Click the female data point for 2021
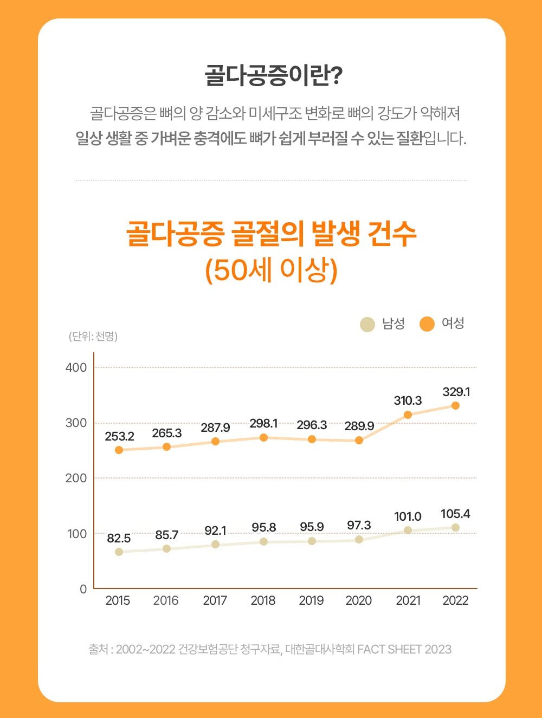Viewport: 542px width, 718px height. tap(408, 415)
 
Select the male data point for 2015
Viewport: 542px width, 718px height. tap(119, 552)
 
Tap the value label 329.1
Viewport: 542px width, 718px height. tap(456, 391)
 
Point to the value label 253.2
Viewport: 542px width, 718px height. tap(119, 436)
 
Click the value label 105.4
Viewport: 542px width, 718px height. tap(455, 514)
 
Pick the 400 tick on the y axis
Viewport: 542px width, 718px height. tap(76, 367)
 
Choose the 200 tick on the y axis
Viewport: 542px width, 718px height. tap(76, 478)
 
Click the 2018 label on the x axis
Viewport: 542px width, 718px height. tap(263, 600)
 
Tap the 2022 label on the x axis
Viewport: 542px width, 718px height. tap(455, 600)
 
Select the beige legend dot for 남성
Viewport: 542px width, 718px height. tap(367, 324)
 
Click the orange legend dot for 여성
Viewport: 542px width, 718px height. tap(427, 324)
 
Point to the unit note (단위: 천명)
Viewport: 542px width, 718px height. tap(93, 337)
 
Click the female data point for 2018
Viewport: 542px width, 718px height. tap(263, 437)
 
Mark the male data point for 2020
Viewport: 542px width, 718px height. tap(359, 539)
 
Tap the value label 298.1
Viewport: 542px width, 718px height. tap(263, 423)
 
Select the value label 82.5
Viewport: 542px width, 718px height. tap(119, 538)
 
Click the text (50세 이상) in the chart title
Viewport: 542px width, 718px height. tap(271, 270)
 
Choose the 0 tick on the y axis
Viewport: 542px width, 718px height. tap(83, 589)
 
